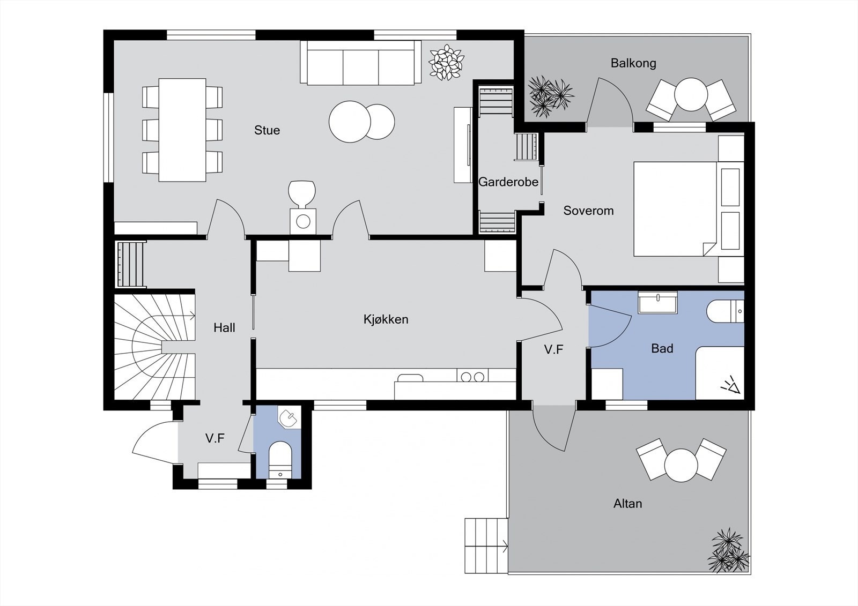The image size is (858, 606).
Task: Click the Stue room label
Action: pos(267,130)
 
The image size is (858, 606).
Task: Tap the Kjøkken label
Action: pos(386,319)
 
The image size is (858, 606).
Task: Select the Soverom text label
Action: pos(588,211)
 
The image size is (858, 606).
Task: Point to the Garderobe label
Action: pos(508,182)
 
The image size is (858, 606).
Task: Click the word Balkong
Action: pos(633,63)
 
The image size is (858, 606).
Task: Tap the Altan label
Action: pos(628,504)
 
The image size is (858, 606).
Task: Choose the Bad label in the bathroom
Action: pos(662,348)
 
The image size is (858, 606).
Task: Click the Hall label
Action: pos(225,328)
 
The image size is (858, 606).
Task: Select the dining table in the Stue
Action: pos(182,130)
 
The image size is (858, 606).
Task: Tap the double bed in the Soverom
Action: pos(689,209)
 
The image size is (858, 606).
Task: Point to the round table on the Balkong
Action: pos(691,94)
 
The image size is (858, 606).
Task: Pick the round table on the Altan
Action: pos(681,465)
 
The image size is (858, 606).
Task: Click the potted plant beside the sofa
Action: pos(446,62)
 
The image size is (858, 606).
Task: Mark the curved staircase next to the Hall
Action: pos(155,347)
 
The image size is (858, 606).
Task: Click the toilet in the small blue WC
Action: pos(280,460)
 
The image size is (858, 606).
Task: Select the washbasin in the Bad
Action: pos(657,302)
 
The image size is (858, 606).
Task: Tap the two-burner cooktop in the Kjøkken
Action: pos(472,376)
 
